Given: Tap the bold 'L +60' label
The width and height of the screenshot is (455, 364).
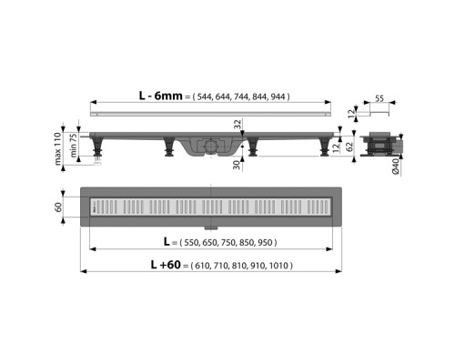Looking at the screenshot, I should [x=165, y=265].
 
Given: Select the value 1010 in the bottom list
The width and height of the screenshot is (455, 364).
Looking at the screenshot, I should [x=288, y=266].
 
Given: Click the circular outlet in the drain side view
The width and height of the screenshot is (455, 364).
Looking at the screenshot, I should [x=211, y=145].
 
